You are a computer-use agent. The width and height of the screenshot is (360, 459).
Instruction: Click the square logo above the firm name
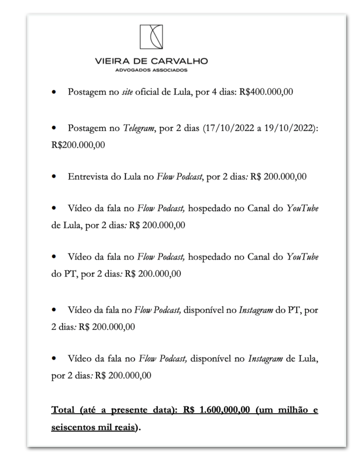pyautogui.click(x=151, y=37)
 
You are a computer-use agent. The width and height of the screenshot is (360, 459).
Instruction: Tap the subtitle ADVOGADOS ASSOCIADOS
pyautogui.click(x=151, y=70)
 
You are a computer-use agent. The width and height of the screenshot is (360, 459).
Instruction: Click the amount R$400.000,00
pyautogui.click(x=266, y=92)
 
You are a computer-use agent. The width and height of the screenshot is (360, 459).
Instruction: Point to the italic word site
pyautogui.click(x=127, y=92)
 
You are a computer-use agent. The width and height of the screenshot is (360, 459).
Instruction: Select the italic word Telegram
pyautogui.click(x=138, y=129)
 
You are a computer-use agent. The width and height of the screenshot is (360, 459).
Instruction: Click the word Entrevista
pyautogui.click(x=84, y=177)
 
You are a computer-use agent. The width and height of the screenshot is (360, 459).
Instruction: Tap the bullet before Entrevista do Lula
pyautogui.click(x=54, y=177)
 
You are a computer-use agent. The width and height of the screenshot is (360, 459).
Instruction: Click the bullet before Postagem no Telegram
pyautogui.click(x=54, y=129)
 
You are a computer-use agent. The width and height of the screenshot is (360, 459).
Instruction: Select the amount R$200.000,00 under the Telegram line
pyautogui.click(x=78, y=145)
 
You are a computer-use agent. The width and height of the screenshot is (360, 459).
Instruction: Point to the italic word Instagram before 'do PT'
pyautogui.click(x=256, y=310)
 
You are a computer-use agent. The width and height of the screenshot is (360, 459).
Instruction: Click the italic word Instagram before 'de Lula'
pyautogui.click(x=265, y=359)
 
